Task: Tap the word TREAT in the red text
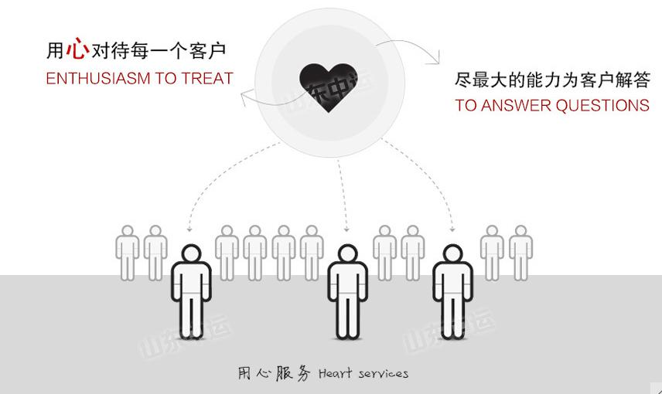click(206, 79)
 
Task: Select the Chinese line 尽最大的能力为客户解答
click(552, 80)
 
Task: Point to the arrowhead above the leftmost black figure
click(189, 229)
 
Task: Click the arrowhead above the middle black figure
click(347, 229)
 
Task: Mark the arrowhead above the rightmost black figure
click(452, 229)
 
